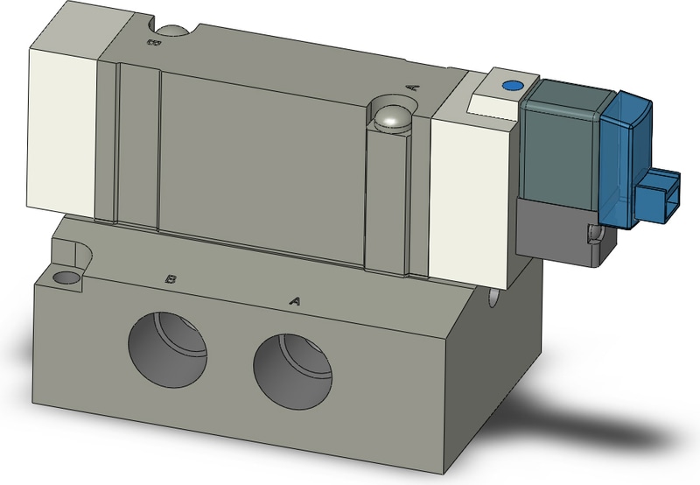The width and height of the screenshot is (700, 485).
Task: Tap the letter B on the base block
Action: click(x=172, y=279)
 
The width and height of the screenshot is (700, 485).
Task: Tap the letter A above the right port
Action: click(x=295, y=300)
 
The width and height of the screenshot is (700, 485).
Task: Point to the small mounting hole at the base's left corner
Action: click(x=66, y=279)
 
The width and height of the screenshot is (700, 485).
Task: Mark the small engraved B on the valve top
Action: click(x=152, y=40)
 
